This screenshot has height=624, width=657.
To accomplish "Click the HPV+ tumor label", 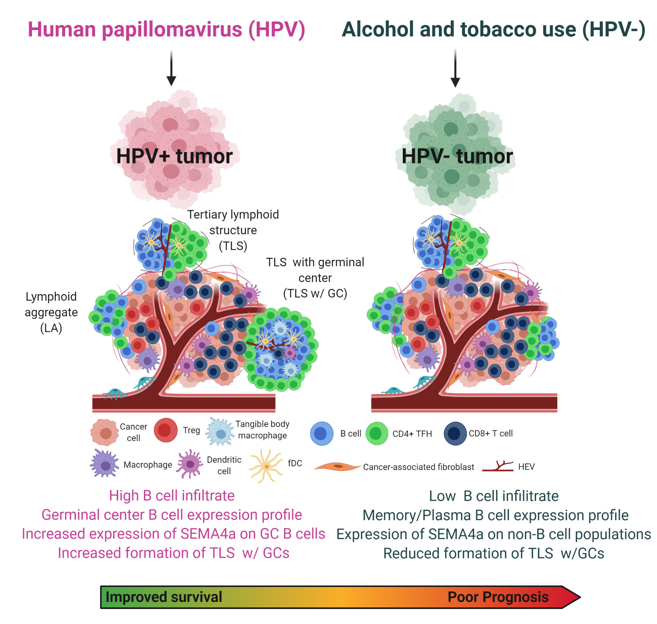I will click(x=174, y=156).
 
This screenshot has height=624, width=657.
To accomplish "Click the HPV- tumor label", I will click(x=457, y=156).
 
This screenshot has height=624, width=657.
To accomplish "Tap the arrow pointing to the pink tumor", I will click(x=171, y=68).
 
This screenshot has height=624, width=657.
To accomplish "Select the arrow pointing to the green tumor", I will click(x=455, y=68).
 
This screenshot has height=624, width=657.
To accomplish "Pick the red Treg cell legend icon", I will click(x=166, y=431).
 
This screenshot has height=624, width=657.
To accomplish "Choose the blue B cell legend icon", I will click(x=322, y=434).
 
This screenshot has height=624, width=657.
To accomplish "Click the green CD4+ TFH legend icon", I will click(x=377, y=434).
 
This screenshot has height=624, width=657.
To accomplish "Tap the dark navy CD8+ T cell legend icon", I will click(x=455, y=434).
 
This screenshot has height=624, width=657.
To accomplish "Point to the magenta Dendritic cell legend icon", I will click(x=190, y=463).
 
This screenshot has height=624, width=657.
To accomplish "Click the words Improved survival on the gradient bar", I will click(x=164, y=597).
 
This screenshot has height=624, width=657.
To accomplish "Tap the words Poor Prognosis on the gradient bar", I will click(x=498, y=597).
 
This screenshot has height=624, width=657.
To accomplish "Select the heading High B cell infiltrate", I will click(x=172, y=496).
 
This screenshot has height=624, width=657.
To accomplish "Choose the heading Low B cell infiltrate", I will click(x=494, y=496).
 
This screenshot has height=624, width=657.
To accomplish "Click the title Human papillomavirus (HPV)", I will click(x=166, y=30).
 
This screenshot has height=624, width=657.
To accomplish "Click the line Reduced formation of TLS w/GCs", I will click(x=494, y=553).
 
